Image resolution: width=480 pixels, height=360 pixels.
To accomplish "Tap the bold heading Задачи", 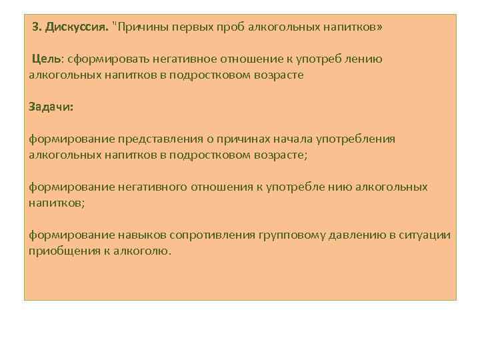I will [x=51, y=106].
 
